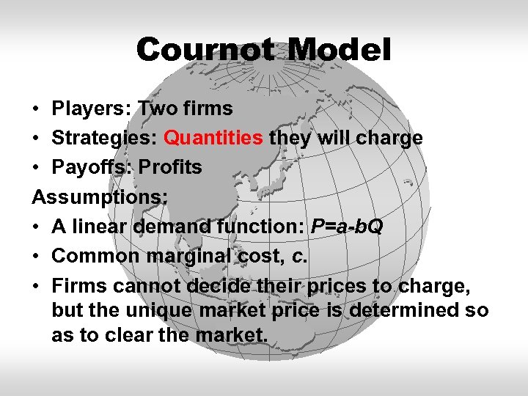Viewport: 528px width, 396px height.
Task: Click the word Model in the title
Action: point(339,50)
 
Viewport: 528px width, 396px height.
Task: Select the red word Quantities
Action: point(213,138)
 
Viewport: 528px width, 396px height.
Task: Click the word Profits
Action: point(170,167)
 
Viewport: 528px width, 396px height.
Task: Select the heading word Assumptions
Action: point(100,197)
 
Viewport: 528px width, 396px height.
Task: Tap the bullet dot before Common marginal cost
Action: point(36,257)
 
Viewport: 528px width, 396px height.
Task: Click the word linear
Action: point(100,227)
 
